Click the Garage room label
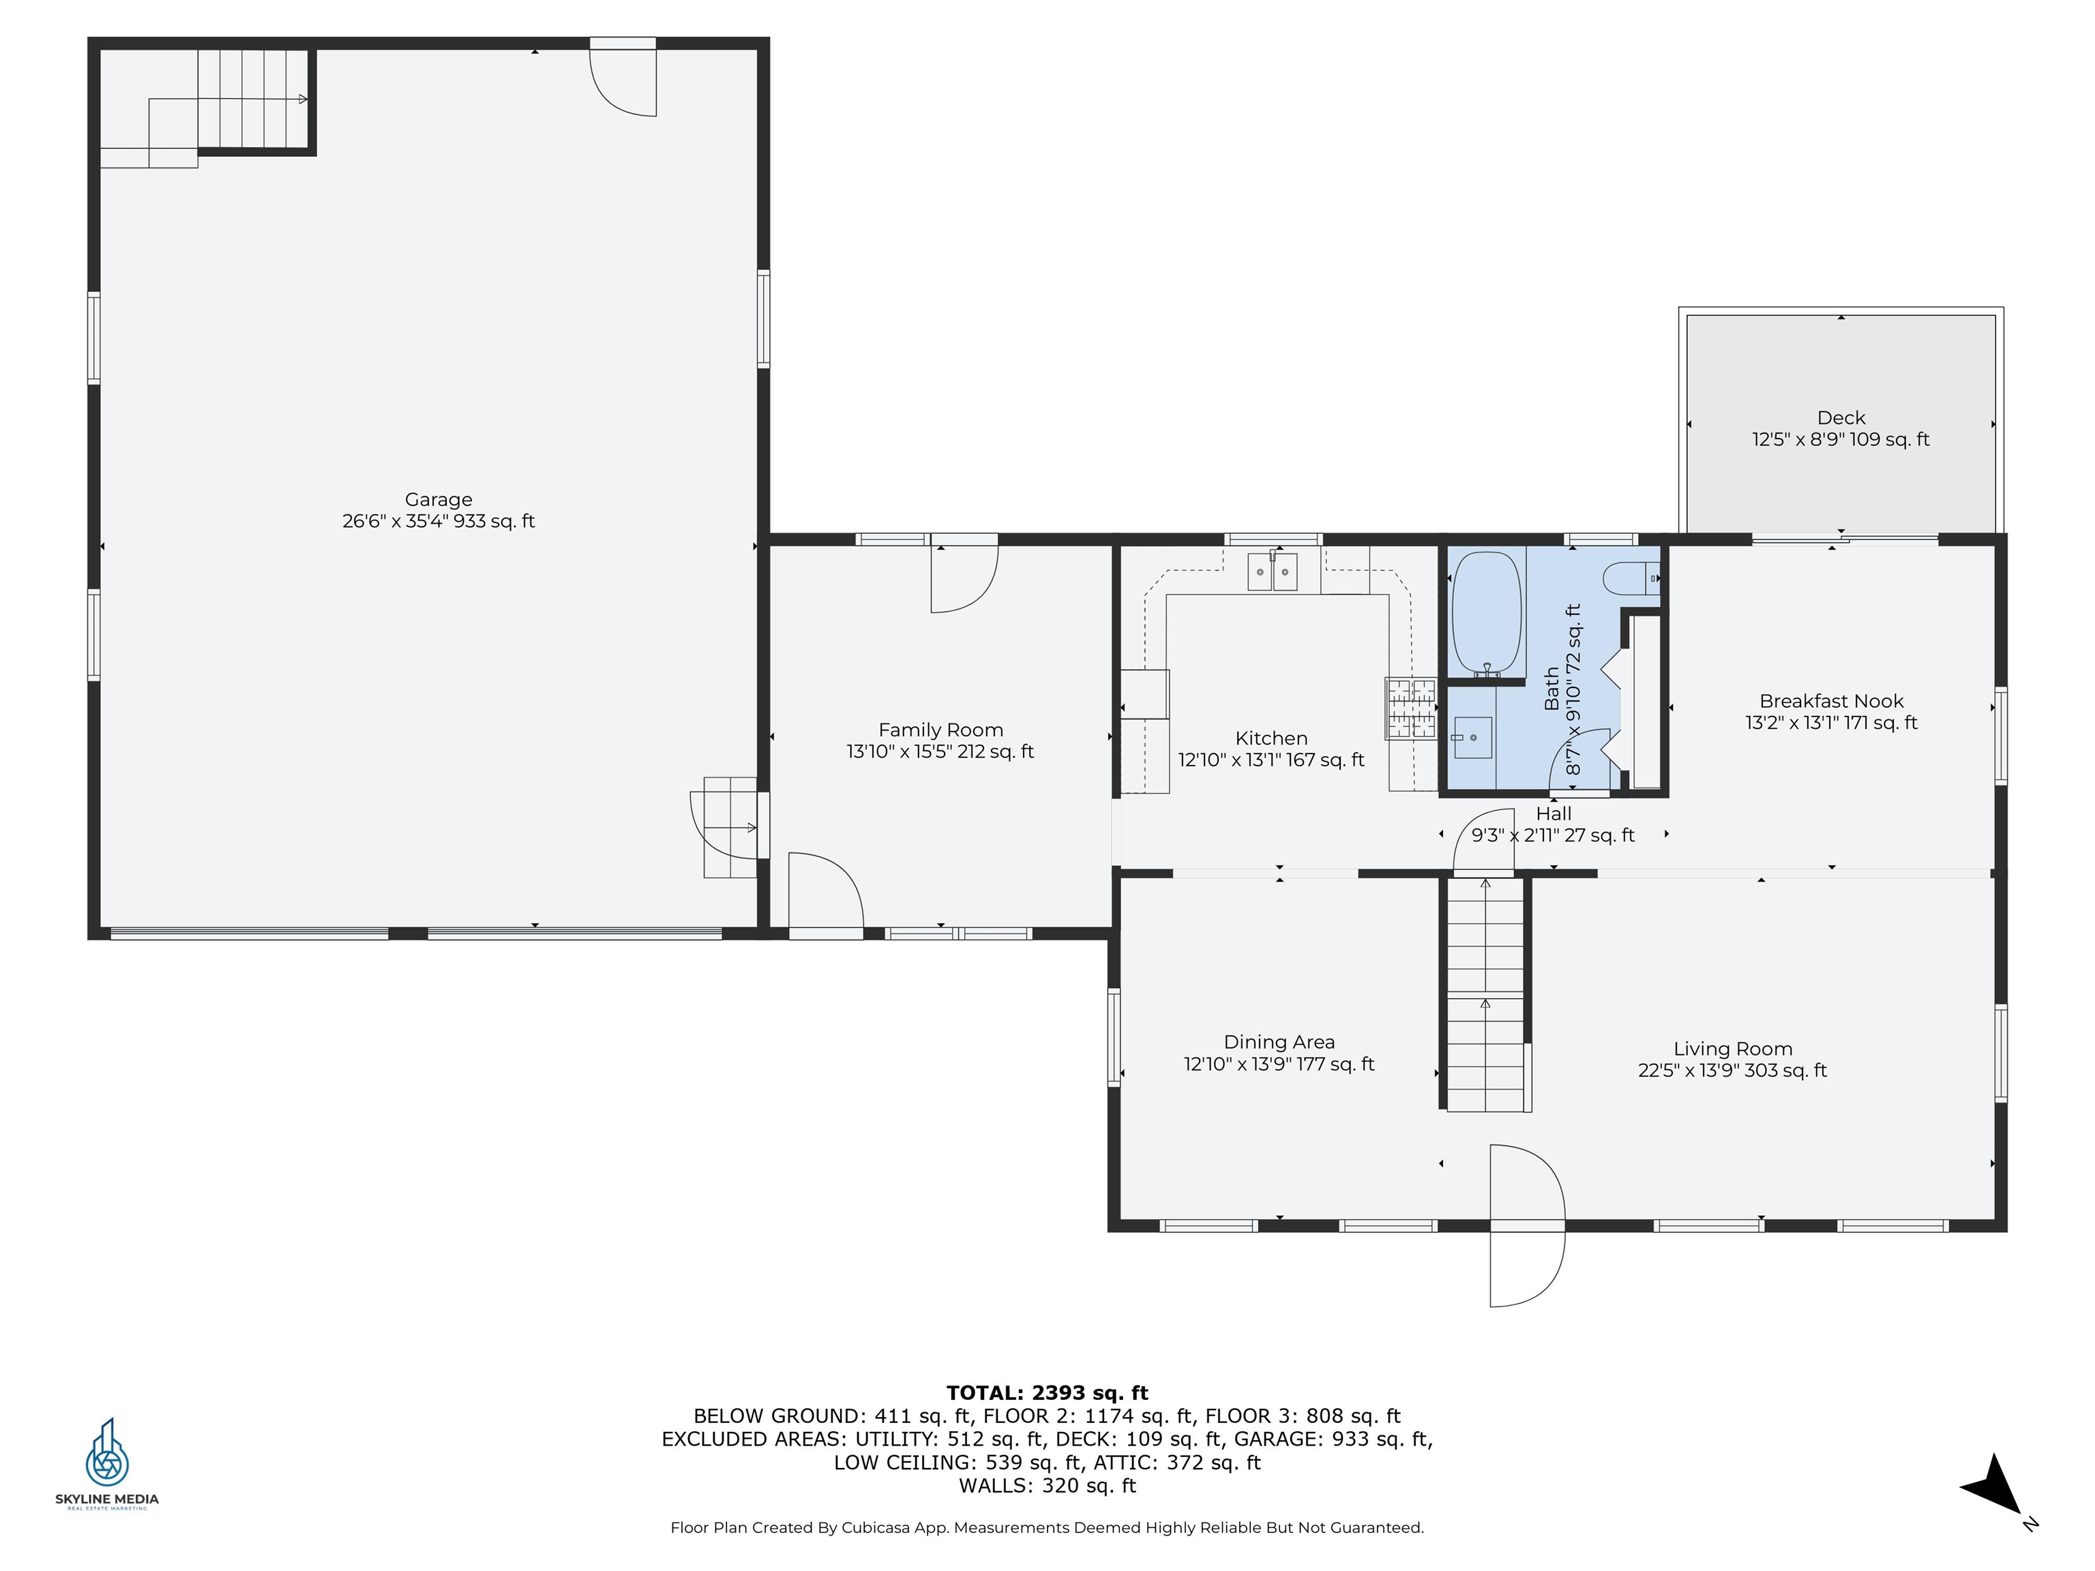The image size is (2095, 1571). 438,499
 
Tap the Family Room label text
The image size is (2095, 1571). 940,730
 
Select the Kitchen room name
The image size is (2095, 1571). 1271,738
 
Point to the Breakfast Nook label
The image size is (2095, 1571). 1831,702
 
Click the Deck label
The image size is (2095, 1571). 1841,417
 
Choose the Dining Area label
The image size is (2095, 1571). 1279,1043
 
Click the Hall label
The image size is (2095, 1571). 1554,813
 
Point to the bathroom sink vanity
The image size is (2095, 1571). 1473,738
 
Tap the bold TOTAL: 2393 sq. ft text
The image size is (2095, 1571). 1047,1393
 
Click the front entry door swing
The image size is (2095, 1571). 1527,1225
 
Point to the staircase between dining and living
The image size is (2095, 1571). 1485,993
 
